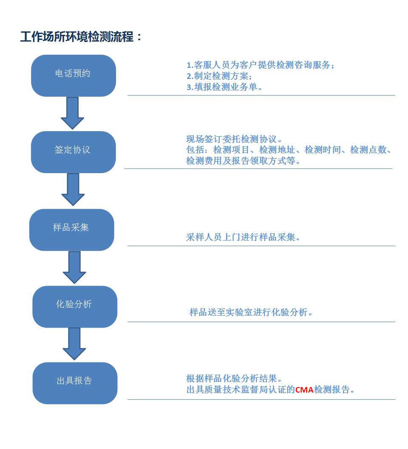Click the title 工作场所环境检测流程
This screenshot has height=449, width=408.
click(x=77, y=36)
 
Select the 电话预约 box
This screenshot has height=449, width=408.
click(x=74, y=76)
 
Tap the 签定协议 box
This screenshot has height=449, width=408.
click(x=74, y=152)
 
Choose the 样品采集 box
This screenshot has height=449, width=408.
click(x=72, y=230)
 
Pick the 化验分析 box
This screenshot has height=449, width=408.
click(x=75, y=307)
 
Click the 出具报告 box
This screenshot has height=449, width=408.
click(x=75, y=383)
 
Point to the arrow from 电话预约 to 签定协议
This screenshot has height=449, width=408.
click(x=73, y=113)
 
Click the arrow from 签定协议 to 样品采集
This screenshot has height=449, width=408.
click(x=73, y=190)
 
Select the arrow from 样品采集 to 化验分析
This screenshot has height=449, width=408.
click(x=74, y=267)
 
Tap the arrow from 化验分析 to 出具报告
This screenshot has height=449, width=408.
click(x=74, y=344)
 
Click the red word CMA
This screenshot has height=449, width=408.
click(x=304, y=390)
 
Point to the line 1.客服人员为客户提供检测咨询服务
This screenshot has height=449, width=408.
click(x=261, y=65)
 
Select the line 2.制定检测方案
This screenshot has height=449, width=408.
click(x=219, y=76)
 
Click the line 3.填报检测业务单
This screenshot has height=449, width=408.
click(x=224, y=87)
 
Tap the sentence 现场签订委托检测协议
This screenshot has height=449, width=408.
click(x=234, y=139)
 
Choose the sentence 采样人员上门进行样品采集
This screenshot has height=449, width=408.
click(x=243, y=237)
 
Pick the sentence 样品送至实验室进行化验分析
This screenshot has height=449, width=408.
click(x=251, y=312)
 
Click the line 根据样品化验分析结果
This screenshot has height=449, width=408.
click(x=234, y=379)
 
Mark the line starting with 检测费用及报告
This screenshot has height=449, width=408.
click(x=243, y=161)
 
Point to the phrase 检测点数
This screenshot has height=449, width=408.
click(x=368, y=150)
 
